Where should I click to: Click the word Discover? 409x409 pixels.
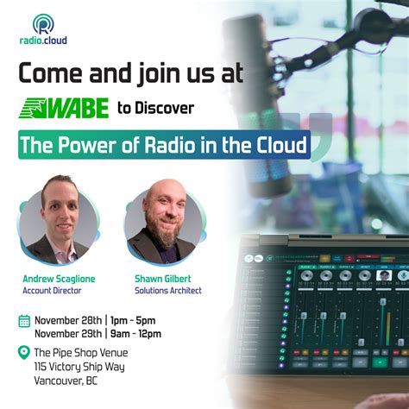168,108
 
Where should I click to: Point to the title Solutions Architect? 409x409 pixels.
167,291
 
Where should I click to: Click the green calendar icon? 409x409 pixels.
24,321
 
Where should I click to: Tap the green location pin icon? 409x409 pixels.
24,352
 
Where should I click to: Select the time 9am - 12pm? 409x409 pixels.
135,333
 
